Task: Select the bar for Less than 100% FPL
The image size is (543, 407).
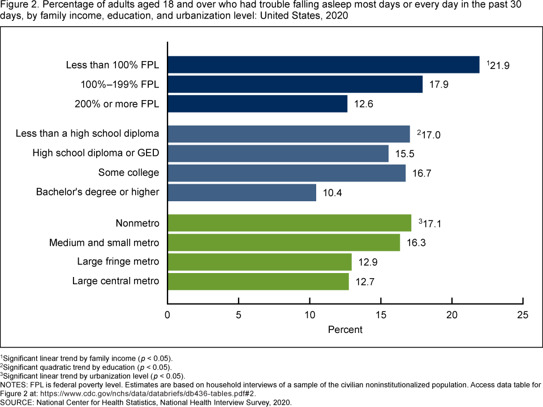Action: [324, 65]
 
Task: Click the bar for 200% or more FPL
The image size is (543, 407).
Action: [257, 104]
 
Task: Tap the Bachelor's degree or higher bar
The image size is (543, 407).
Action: [242, 192]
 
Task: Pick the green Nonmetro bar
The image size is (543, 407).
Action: [290, 223]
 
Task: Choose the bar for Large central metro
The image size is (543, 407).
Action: [258, 281]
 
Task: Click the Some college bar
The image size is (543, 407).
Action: [287, 173]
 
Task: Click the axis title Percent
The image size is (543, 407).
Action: [345, 329]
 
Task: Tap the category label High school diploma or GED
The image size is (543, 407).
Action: [96, 153]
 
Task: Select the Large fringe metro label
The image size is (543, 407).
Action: [118, 262]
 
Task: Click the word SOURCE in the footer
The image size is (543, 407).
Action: [16, 402]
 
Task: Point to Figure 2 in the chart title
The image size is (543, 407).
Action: [18, 6]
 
